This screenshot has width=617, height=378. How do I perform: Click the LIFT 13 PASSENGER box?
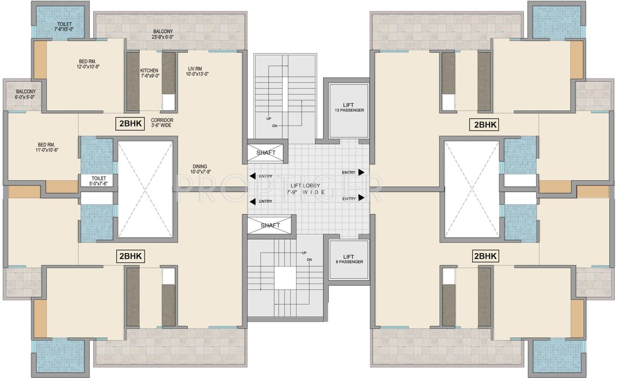[349, 111]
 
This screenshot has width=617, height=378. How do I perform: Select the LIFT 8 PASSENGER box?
[349, 259]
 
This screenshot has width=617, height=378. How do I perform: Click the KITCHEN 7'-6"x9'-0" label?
[149, 73]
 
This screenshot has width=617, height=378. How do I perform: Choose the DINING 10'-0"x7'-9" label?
[200, 169]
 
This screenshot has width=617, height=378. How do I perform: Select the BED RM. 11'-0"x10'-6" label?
[48, 147]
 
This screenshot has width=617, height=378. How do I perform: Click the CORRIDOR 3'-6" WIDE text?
[162, 123]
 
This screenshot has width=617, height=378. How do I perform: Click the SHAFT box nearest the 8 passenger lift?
[270, 225]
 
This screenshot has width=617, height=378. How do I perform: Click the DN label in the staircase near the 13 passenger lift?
[274, 126]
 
